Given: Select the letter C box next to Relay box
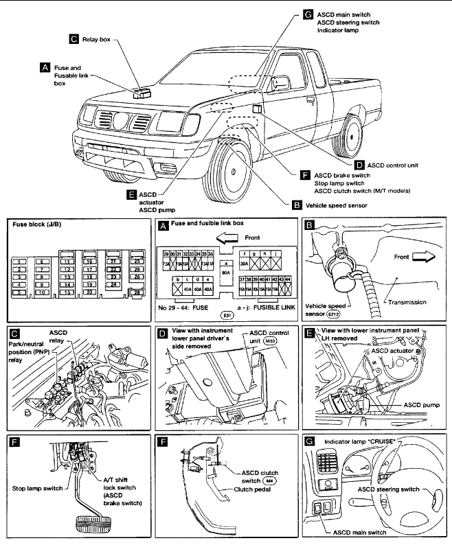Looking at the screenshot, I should (74, 40).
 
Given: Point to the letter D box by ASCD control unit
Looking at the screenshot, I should (359, 165).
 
